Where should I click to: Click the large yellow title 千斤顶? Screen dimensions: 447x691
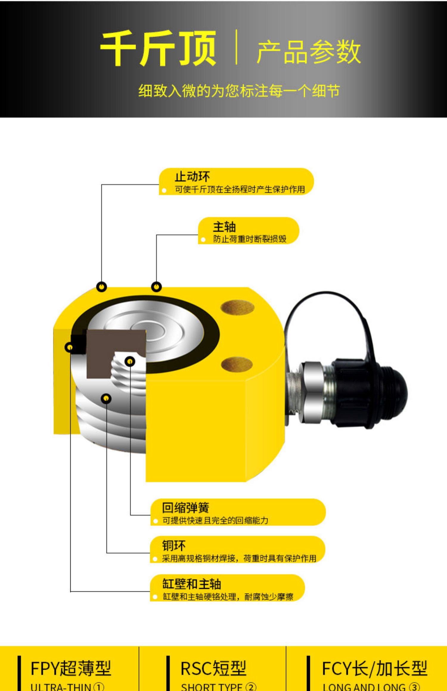158,49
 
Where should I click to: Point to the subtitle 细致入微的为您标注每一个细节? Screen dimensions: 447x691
239,91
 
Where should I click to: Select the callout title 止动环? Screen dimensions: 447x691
192,177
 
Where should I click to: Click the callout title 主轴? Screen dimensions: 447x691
224,227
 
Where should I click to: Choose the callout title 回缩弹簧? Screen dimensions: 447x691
185,508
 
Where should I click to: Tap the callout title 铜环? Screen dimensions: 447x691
174,546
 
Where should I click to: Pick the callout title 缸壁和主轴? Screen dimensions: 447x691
192,584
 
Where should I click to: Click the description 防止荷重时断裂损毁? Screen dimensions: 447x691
249,239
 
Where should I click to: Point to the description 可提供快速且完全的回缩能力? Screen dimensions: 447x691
215,520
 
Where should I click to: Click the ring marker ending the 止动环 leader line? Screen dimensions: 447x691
102,287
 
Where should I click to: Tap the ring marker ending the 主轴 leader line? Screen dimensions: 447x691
156,287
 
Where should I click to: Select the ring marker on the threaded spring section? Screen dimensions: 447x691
130,362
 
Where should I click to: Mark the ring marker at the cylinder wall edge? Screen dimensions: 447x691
69,347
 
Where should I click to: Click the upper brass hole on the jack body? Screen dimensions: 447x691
237,308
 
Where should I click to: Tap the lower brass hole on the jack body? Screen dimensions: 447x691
237,364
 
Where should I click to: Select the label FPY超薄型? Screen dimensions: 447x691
71,668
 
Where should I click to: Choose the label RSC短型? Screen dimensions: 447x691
213,668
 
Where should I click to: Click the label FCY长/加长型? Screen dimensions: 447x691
375,668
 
